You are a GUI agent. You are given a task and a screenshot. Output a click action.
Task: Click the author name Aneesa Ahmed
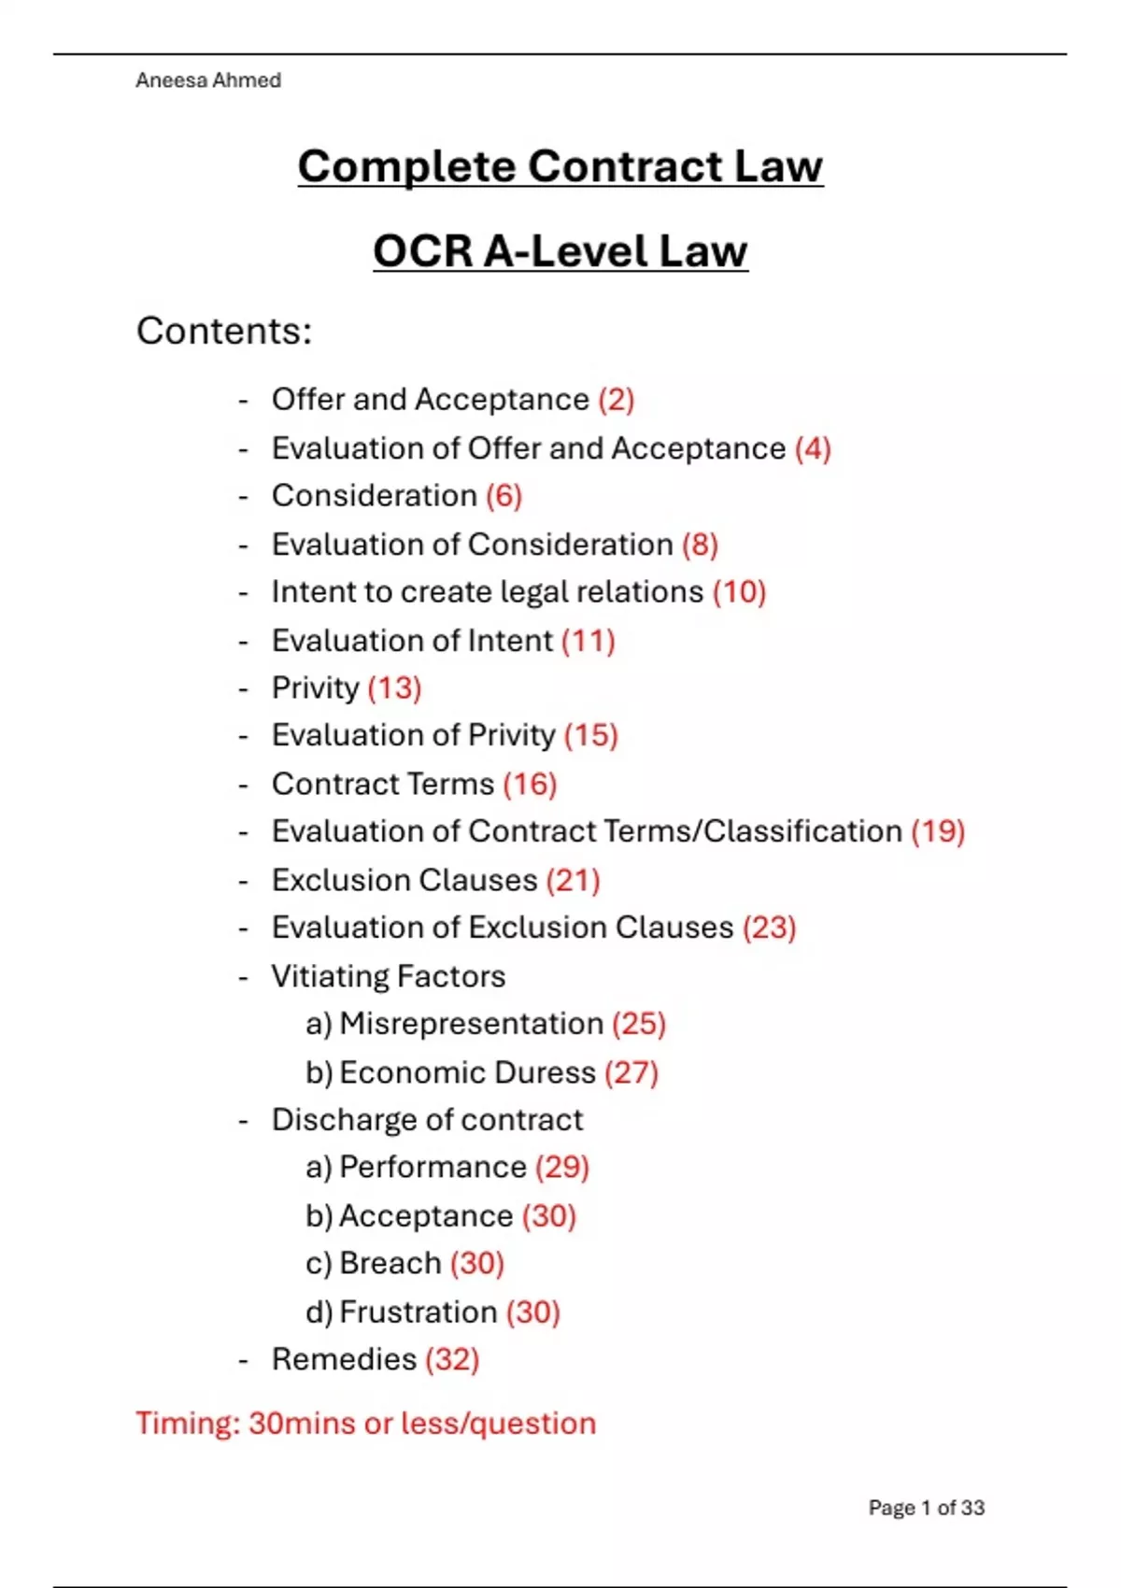[207, 80]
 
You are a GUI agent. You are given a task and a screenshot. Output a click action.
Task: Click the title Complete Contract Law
[560, 167]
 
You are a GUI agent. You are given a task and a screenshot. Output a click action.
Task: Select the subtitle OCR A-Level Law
[560, 251]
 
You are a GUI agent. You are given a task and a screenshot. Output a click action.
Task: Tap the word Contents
[223, 331]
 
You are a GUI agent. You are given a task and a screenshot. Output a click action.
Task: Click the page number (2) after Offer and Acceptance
[617, 400]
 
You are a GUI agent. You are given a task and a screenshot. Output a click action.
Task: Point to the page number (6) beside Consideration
[504, 496]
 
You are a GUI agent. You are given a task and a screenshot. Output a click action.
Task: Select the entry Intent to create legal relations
[487, 592]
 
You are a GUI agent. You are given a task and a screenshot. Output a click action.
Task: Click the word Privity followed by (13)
[315, 688]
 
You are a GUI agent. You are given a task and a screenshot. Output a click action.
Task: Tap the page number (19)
[938, 831]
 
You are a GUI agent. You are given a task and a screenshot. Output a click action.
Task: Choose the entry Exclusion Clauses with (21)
[404, 880]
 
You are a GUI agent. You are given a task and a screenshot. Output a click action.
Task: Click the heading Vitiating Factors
[388, 976]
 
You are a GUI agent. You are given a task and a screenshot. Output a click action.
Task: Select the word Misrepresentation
[471, 1024]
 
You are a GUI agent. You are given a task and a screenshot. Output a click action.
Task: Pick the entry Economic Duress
[467, 1072]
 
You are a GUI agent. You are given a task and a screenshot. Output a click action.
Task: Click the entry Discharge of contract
[427, 1120]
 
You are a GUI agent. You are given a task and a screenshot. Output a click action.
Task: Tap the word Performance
[433, 1168]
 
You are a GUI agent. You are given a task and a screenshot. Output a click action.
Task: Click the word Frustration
[418, 1312]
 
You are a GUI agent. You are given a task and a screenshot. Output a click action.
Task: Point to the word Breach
[390, 1264]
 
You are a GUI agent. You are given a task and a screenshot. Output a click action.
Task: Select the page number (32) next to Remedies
[452, 1360]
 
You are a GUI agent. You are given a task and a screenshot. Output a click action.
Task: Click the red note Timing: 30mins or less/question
[365, 1424]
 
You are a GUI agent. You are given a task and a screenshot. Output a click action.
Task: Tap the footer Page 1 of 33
[926, 1508]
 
